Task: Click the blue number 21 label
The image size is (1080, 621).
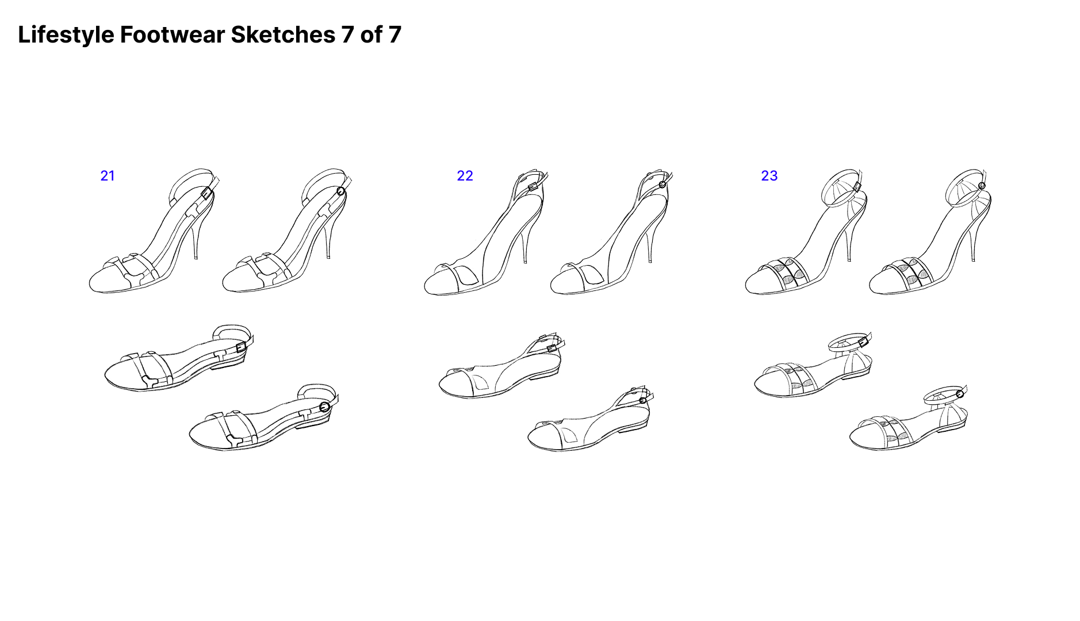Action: coord(108,176)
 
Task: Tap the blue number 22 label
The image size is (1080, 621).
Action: coord(465,176)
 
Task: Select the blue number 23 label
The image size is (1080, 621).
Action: coord(769,176)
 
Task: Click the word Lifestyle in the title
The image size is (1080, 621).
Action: coord(66,35)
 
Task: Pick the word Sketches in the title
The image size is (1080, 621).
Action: coord(283,35)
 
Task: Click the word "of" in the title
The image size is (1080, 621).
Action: coord(371,35)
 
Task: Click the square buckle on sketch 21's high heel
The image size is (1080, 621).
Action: coord(207,193)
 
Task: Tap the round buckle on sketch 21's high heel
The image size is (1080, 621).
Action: coord(340,191)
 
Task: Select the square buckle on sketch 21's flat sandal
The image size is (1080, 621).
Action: coord(241,347)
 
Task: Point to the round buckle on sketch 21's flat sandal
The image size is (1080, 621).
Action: coord(324,407)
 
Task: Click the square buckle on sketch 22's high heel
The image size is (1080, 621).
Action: coord(533,186)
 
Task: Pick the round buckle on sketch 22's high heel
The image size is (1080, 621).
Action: coord(662,185)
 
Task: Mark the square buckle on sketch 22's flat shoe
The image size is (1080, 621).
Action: coord(552,348)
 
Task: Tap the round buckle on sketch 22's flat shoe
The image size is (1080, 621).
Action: coord(643,400)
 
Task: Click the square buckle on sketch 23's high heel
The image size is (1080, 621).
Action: coord(857,187)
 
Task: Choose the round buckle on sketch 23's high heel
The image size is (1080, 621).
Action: coord(982,186)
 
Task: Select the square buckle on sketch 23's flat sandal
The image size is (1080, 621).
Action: coord(863,343)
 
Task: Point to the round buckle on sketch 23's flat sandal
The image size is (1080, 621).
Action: coord(960,394)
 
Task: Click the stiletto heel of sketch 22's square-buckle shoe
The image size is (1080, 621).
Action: coord(524,244)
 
